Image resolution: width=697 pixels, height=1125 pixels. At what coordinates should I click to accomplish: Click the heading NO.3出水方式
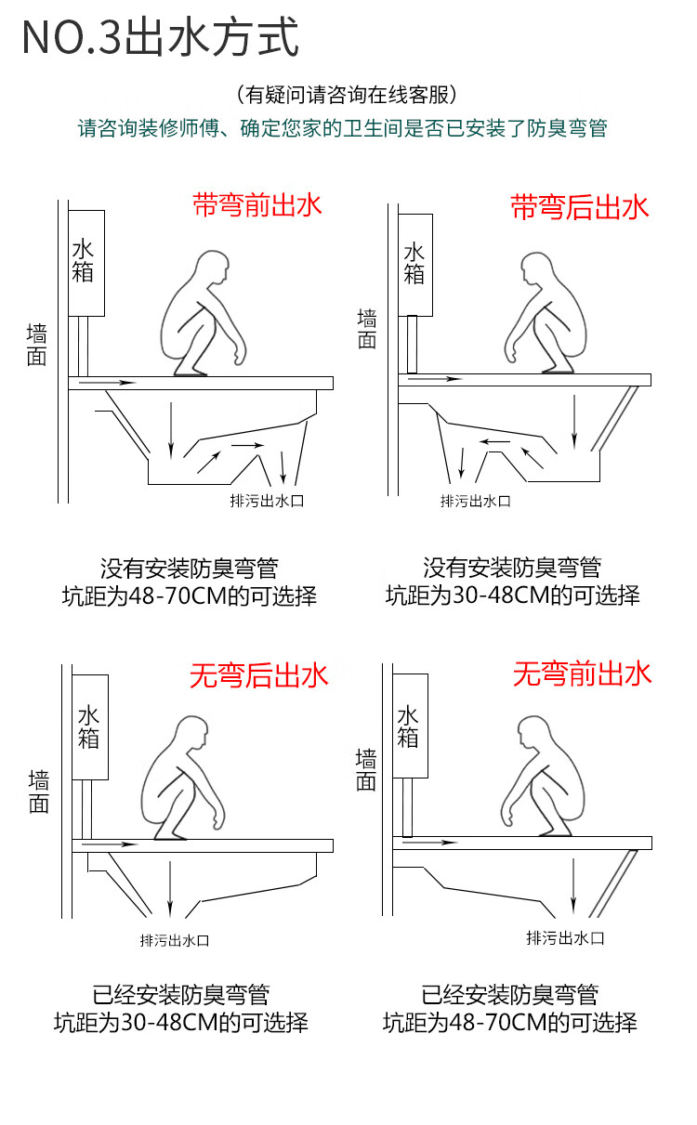160,38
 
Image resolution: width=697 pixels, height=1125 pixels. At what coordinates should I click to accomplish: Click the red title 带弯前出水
257,204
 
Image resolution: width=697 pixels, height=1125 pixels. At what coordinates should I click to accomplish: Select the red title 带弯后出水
580,206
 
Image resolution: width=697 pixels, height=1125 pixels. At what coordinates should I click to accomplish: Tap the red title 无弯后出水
259,675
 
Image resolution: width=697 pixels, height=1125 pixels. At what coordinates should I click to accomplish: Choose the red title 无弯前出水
583,674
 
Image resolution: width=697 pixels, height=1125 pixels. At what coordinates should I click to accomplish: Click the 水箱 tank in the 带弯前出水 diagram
85,262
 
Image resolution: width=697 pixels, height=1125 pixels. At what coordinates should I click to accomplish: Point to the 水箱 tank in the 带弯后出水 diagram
414,264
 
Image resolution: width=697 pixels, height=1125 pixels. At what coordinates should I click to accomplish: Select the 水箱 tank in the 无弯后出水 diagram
90,726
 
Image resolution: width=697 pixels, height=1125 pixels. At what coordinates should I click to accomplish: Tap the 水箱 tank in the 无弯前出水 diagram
409,726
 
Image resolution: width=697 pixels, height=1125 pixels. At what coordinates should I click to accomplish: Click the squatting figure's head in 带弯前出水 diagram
213,270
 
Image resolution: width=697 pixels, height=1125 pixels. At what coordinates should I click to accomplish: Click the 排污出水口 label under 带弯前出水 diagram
268,501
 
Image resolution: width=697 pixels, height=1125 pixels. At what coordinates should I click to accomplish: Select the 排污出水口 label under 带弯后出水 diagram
476,501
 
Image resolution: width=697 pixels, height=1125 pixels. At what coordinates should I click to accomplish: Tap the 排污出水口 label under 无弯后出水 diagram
174,939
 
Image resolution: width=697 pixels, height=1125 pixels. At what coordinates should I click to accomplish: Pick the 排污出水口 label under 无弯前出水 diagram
565,937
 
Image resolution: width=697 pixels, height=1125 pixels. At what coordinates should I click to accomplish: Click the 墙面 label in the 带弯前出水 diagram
37,345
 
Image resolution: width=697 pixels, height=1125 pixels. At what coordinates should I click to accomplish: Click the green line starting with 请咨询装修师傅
342,129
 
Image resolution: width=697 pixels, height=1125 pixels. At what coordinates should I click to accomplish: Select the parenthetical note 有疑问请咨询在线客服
347,95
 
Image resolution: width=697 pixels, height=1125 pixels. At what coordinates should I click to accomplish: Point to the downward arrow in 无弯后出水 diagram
169,890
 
